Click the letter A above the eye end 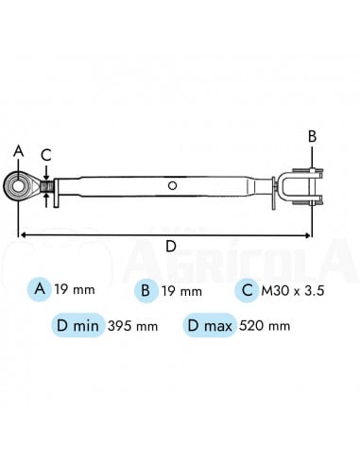coord(19,151)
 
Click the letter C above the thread coord(46,155)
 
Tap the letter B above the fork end coord(312,137)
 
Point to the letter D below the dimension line coord(170,246)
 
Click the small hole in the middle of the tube coord(172,185)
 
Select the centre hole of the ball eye coord(19,186)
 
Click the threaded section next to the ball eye coord(47,186)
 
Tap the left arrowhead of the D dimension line coord(22,234)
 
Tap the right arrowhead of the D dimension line coord(307,234)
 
